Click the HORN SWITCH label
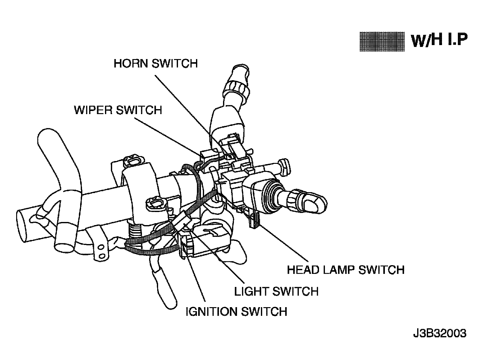pos(156,63)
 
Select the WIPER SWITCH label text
pos(118,110)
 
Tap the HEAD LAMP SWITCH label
pos(346,270)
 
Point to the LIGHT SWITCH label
pos(276,291)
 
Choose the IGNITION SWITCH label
pos(236,312)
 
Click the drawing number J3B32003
pos(440,334)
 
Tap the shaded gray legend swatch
pos(382,42)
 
